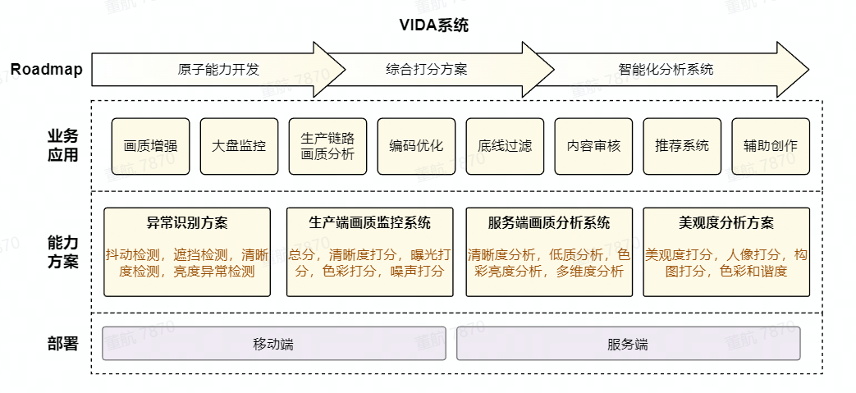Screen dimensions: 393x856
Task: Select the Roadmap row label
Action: [x=46, y=70]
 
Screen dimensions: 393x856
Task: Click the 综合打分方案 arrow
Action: [x=427, y=70]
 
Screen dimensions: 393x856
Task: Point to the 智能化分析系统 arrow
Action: [x=666, y=70]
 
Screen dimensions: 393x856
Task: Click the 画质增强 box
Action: [x=151, y=146]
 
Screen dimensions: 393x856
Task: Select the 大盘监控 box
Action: [x=239, y=146]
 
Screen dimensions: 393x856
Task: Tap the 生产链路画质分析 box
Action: [x=327, y=146]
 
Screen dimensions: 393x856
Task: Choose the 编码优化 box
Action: [x=416, y=146]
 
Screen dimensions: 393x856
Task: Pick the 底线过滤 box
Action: [x=505, y=146]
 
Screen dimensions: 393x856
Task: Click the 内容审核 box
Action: [x=593, y=146]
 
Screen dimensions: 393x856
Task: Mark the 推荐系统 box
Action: [x=682, y=146]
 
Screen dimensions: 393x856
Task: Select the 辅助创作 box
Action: [x=770, y=146]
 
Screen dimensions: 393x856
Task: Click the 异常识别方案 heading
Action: [x=187, y=223]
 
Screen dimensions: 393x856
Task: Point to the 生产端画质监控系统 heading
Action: [x=369, y=223]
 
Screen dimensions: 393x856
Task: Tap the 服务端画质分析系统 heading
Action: [x=549, y=223]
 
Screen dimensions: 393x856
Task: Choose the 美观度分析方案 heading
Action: [x=726, y=223]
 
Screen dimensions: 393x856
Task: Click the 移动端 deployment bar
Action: [x=274, y=344]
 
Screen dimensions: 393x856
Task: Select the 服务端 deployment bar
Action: [x=628, y=344]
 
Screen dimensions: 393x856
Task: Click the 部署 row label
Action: [x=63, y=344]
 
